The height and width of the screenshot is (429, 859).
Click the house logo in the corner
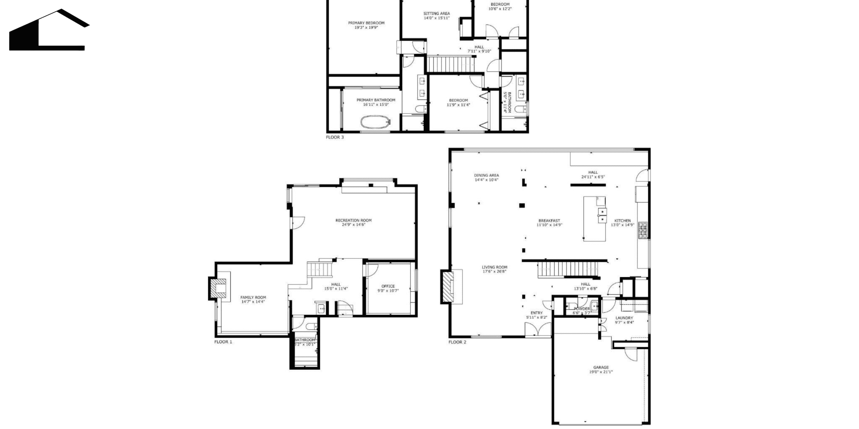(49, 30)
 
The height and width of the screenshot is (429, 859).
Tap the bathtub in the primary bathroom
(376, 122)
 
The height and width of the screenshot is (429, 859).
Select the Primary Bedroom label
(366, 23)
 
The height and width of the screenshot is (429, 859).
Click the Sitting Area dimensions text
(437, 18)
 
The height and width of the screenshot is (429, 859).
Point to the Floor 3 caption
(335, 137)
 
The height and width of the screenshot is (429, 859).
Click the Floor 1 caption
(223, 342)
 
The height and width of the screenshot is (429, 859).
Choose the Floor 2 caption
(457, 342)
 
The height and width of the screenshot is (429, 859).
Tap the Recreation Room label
(353, 221)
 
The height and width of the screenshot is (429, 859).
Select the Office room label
(388, 286)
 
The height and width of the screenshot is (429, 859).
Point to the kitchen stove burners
(643, 230)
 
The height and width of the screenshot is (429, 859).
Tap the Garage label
(601, 367)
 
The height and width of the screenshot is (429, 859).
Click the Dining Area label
(486, 175)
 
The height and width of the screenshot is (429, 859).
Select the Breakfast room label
(549, 221)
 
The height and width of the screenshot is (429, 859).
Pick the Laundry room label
(624, 318)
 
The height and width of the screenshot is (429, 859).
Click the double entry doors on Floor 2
(538, 329)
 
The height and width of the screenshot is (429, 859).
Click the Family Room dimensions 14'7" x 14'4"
(253, 302)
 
